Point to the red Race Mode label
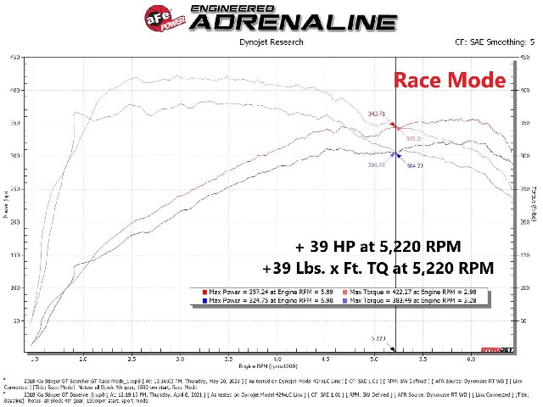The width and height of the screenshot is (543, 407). [449, 81]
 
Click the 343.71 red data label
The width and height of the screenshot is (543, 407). [377, 114]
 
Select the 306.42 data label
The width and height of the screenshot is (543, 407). [377, 165]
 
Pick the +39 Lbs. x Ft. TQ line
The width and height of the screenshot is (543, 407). [378, 267]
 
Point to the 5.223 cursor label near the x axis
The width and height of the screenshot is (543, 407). [377, 337]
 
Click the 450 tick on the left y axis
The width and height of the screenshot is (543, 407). [15, 58]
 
